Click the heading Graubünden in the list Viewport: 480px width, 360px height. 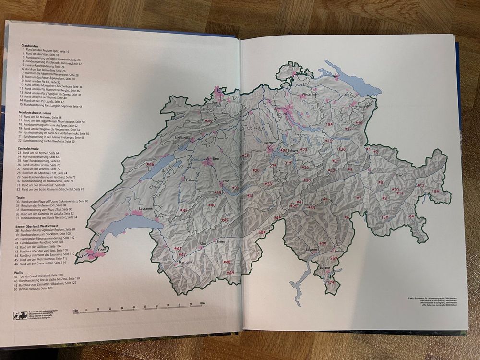pyautogui.click(x=29, y=46)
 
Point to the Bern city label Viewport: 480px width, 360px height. pyautogui.click(x=216, y=158)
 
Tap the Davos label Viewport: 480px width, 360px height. pyautogui.click(x=401, y=175)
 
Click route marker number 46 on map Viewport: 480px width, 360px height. pyautogui.click(x=151, y=165)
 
